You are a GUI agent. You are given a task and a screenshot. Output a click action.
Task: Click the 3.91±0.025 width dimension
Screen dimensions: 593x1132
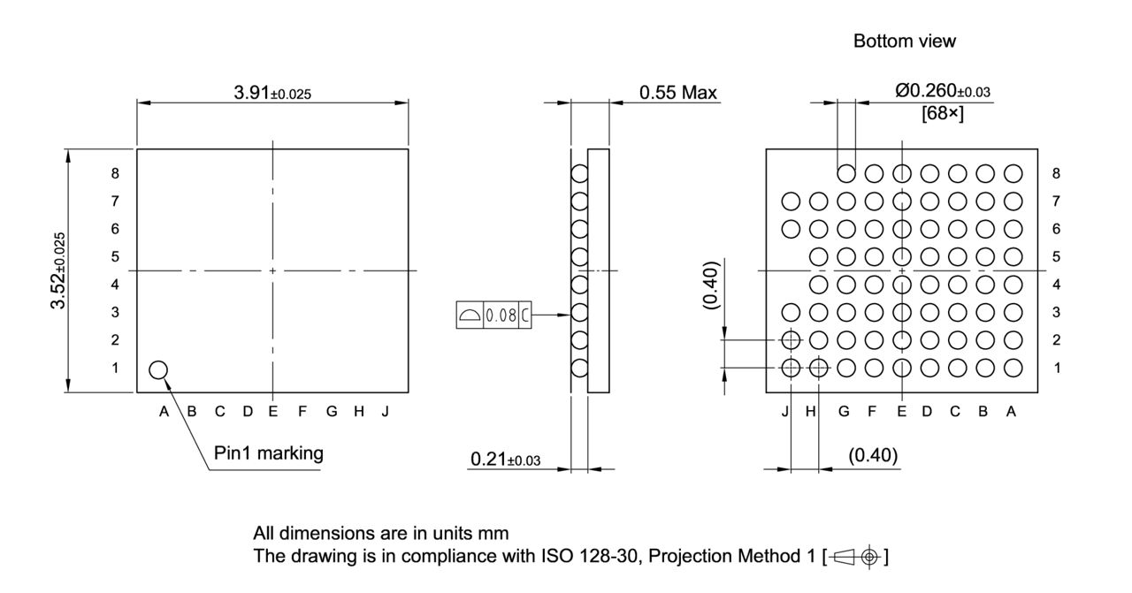coord(272,94)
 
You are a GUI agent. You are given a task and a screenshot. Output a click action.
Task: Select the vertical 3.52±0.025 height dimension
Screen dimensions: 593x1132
coord(58,270)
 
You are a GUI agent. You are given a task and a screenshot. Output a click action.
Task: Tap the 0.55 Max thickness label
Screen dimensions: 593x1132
coord(678,93)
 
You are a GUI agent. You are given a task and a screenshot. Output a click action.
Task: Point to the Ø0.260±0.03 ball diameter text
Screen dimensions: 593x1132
coord(943,91)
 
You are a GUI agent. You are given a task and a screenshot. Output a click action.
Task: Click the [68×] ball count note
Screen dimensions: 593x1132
coord(943,114)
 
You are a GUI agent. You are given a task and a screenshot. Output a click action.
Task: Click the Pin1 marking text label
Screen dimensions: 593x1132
coord(269,453)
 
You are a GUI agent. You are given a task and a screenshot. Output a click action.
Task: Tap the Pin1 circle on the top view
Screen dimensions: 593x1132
coord(158,369)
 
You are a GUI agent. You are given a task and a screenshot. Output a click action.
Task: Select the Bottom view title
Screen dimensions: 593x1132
coord(905,42)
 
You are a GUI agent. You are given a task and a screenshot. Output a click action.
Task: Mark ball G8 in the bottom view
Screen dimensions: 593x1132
coord(846,173)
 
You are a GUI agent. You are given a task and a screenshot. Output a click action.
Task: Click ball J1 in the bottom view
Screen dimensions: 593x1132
coord(791,368)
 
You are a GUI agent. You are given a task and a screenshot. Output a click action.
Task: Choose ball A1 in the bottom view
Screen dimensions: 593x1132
coord(1013,368)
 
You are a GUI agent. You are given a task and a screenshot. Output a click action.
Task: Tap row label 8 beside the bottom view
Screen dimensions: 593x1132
coord(1056,173)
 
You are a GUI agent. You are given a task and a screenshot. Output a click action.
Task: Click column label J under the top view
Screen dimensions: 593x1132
coord(386,411)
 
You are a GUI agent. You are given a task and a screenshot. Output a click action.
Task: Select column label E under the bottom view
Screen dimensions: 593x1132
coord(901,411)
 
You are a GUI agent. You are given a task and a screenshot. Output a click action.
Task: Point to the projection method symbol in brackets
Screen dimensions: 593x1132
coord(856,557)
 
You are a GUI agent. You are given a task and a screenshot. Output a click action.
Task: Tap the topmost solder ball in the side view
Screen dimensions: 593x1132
coord(579,174)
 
